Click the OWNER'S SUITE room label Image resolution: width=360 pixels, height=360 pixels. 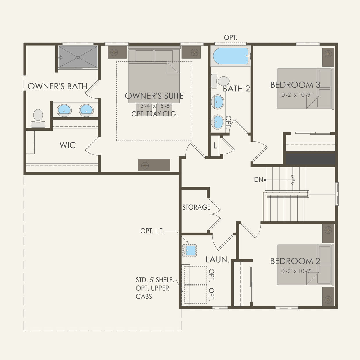[x=154, y=96]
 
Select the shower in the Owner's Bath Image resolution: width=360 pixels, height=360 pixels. [x=78, y=57]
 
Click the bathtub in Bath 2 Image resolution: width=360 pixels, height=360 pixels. [x=231, y=56]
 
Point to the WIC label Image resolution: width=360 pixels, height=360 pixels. [x=68, y=145]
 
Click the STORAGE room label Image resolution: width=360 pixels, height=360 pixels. [x=196, y=207]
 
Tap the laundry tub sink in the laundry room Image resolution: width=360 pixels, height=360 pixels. [x=189, y=250]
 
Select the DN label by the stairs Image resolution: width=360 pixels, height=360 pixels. [x=258, y=180]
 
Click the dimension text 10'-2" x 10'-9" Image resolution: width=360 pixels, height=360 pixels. [x=295, y=95]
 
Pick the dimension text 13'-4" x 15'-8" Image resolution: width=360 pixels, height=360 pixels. [x=154, y=106]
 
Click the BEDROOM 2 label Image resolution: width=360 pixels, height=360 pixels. [x=295, y=261]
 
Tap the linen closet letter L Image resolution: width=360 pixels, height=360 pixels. [x=215, y=146]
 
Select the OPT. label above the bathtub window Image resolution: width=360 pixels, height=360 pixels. [x=231, y=37]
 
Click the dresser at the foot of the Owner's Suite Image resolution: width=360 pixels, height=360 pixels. [x=154, y=165]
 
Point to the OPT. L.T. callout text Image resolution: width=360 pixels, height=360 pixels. [x=152, y=231]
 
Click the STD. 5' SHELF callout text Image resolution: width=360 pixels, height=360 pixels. [x=154, y=280]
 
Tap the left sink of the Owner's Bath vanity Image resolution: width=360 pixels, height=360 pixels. [x=64, y=110]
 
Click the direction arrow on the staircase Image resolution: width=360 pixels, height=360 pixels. [x=293, y=180]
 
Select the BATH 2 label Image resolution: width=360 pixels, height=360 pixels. [x=236, y=89]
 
